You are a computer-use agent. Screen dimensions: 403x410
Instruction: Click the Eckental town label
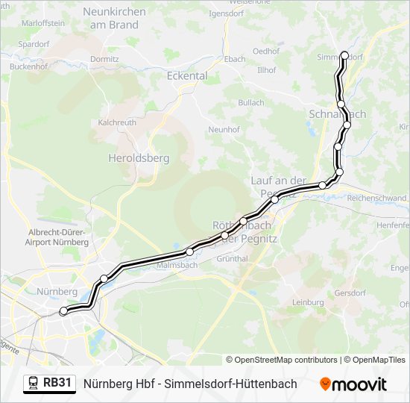click(x=187, y=75)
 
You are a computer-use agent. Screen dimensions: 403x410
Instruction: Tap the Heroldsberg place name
click(x=139, y=158)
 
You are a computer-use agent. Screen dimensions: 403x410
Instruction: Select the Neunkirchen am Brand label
click(x=113, y=18)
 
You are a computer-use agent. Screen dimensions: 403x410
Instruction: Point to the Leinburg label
click(x=308, y=302)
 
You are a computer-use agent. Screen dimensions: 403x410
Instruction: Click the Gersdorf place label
click(x=350, y=292)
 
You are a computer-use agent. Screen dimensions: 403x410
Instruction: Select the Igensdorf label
click(x=206, y=13)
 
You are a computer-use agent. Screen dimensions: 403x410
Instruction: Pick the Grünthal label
click(x=232, y=258)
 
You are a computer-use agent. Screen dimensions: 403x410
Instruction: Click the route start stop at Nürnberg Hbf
click(x=63, y=310)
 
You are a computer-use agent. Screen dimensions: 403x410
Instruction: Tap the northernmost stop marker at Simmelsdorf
click(x=344, y=54)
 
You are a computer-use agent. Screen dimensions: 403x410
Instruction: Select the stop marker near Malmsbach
click(x=190, y=252)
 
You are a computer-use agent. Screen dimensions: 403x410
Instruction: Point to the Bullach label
click(x=251, y=102)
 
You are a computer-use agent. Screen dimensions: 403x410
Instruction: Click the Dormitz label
click(x=104, y=58)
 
